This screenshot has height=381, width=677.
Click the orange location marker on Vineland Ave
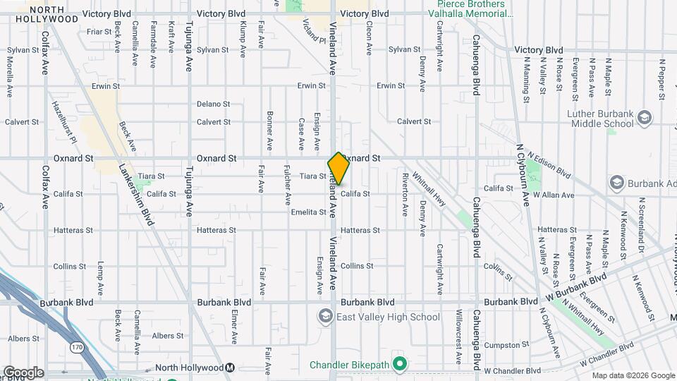338,169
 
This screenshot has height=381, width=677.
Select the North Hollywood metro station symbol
230,368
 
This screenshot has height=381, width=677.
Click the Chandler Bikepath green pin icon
400,365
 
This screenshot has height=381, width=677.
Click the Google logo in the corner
23,373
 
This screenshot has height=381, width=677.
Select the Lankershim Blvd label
136,195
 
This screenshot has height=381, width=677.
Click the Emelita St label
308,212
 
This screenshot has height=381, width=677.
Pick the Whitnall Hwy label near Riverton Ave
429,190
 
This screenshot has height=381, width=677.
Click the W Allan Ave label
554,194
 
